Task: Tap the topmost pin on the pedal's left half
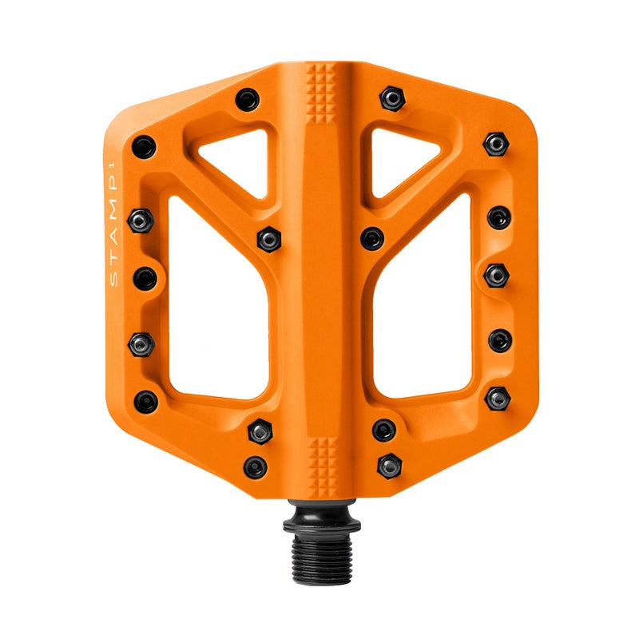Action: (x=248, y=100)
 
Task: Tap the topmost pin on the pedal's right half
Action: (x=391, y=97)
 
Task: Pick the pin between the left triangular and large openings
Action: (x=268, y=237)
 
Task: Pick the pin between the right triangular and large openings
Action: (x=371, y=238)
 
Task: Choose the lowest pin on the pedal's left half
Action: (x=255, y=466)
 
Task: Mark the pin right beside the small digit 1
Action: (x=143, y=146)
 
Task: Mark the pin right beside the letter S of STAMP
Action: (x=145, y=279)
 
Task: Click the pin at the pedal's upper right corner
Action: (x=496, y=143)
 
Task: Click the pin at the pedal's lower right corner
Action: (x=498, y=398)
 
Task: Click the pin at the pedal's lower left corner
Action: (x=145, y=400)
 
